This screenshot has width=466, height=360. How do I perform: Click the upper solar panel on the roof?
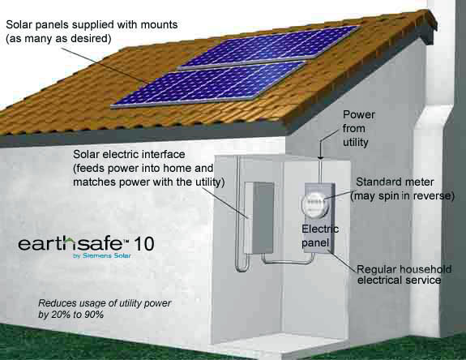tap(270, 48)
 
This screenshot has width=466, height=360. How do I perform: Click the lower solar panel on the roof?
tap(208, 84)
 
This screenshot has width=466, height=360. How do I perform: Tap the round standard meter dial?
tap(315, 205)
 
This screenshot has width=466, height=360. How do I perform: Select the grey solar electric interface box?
tap(259, 218)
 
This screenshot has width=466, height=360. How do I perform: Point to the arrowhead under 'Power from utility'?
tap(320, 156)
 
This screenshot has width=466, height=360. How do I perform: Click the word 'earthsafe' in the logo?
tap(71, 244)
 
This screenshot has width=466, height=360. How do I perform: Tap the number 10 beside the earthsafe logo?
tap(144, 244)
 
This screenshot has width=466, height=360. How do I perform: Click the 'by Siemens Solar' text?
tap(102, 255)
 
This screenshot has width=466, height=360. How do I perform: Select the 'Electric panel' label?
tap(320, 236)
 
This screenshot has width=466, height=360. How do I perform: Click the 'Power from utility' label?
tap(358, 128)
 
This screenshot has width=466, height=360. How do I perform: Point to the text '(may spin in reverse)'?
tap(403, 196)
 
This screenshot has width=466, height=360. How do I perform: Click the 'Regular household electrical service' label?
tap(404, 274)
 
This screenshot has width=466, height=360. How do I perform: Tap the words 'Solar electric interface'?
tap(129, 154)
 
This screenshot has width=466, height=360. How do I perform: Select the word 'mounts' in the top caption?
tap(159, 24)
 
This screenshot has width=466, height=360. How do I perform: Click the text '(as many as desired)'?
tap(58, 39)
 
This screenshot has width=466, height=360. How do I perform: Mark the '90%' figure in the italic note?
tap(94, 315)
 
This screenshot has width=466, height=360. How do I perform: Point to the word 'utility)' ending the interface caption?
tap(210, 182)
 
